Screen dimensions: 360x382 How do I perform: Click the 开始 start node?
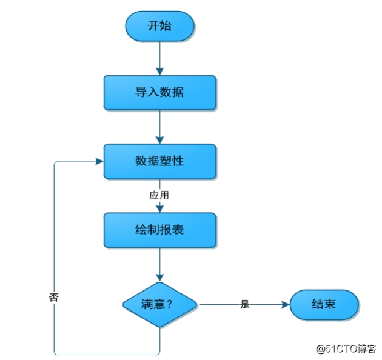159,26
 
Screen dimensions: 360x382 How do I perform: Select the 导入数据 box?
159,93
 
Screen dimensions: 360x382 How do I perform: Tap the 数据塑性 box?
159,161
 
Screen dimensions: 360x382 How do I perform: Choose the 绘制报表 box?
159,230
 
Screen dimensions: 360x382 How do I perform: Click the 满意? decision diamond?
159,304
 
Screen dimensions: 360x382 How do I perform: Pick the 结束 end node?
324,304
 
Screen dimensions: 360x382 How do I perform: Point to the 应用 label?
159,196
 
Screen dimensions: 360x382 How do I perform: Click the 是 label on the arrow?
244,304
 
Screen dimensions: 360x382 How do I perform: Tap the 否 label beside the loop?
53,298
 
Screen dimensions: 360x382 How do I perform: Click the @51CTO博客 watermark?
345,348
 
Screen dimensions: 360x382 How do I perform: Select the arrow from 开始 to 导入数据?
159,58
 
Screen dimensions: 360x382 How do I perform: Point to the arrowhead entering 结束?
286,304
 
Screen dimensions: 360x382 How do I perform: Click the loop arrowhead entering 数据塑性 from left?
99,161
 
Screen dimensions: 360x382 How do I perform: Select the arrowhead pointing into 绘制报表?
159,208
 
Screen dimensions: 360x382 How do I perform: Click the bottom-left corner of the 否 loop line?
55,353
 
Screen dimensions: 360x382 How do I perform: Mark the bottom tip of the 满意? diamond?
159,327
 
